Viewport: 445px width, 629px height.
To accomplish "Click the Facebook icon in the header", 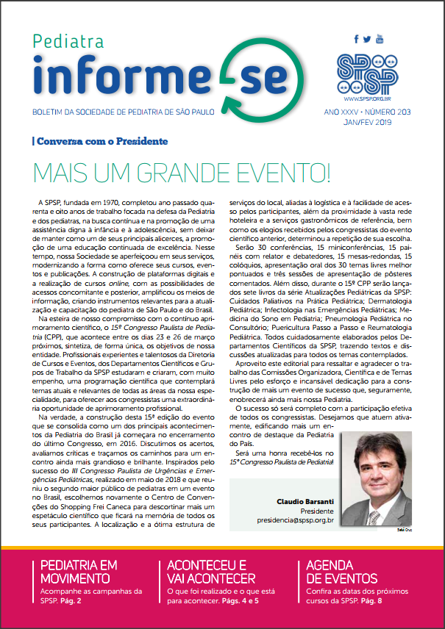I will point(357,40).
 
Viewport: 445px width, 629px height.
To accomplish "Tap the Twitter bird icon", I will point(367,40).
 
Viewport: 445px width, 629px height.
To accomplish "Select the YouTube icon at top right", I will point(380,38).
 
